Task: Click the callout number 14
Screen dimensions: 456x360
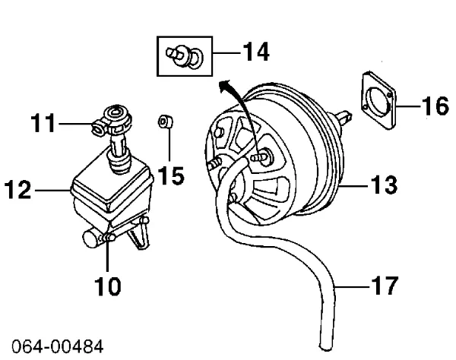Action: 256,52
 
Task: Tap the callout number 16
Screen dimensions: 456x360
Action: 435,106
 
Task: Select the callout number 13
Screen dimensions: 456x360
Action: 384,185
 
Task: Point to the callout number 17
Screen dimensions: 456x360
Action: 384,286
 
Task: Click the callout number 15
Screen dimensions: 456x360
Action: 172,175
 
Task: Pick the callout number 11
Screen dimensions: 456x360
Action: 43,123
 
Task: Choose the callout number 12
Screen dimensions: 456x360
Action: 18,190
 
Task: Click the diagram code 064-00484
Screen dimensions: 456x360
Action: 57,346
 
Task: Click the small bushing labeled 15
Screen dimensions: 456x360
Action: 166,122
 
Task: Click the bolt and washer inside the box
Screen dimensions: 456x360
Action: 185,56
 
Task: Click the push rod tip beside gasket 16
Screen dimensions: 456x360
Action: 345,116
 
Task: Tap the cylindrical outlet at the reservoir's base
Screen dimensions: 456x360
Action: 92,238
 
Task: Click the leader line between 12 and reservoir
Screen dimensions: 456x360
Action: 52,191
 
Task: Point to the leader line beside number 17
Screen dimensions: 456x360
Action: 352,287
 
